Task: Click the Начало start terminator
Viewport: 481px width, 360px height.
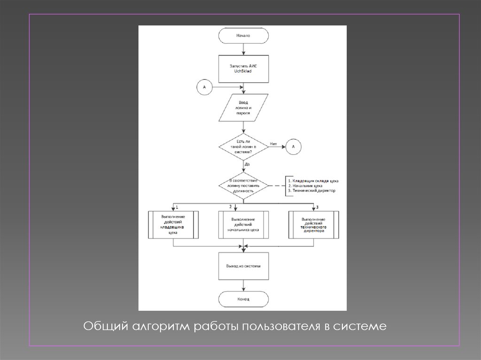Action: [x=243, y=35]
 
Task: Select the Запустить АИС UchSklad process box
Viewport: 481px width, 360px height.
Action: [x=243, y=69]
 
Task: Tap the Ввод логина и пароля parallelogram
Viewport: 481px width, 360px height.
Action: [x=243, y=107]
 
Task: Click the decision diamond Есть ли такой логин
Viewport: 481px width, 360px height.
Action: [x=243, y=147]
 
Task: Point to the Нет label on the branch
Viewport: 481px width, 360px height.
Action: [x=273, y=144]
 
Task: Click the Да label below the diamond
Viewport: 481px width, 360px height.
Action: [x=247, y=164]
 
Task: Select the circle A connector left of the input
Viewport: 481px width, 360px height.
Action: [x=205, y=87]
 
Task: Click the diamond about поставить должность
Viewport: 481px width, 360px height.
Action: [x=243, y=186]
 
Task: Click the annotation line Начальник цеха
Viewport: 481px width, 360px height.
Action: [x=305, y=186]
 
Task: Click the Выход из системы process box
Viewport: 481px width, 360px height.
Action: [x=243, y=266]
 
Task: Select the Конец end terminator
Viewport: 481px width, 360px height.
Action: [x=243, y=299]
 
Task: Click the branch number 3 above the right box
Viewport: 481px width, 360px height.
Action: [x=317, y=207]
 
